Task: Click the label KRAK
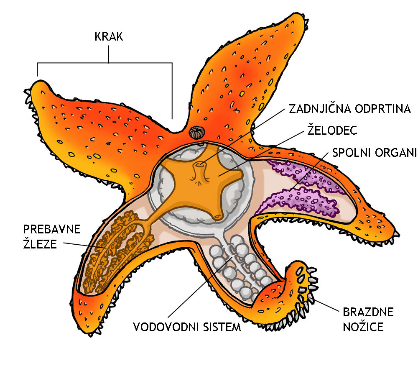click(x=109, y=37)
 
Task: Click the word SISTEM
click(x=222, y=326)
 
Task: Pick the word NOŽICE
click(x=363, y=326)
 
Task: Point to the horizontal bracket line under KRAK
click(x=104, y=63)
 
